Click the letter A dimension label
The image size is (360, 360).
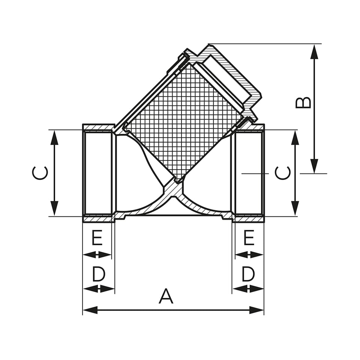click(x=166, y=296)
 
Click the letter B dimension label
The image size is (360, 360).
click(x=303, y=102)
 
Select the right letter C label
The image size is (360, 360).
click(x=283, y=173)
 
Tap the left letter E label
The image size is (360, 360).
click(x=97, y=238)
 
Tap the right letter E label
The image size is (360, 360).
click(x=249, y=238)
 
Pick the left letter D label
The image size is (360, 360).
click(x=99, y=274)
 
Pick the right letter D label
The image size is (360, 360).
click(x=248, y=274)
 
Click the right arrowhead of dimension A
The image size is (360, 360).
click(x=256, y=310)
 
